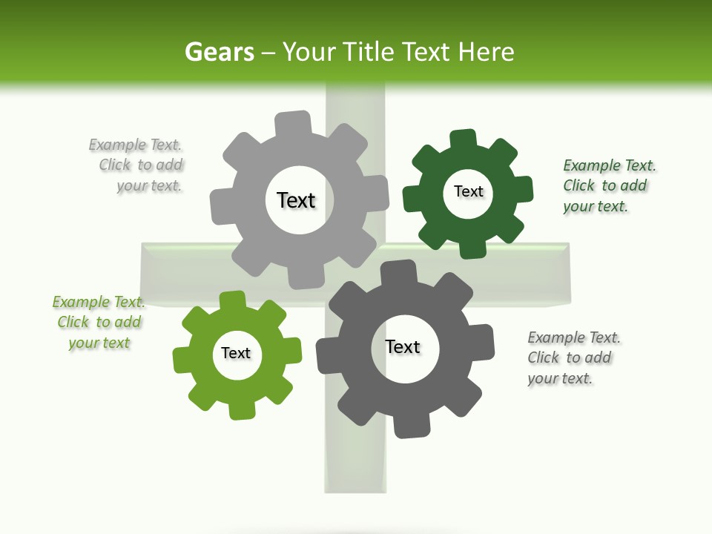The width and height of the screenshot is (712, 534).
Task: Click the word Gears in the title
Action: pos(219,52)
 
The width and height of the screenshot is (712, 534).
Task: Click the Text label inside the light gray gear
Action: pos(296,200)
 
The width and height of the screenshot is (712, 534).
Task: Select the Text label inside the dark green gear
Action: pos(468,191)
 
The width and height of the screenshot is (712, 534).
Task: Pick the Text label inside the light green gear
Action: pos(236,353)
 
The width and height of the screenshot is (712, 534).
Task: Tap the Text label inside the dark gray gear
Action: pos(403,346)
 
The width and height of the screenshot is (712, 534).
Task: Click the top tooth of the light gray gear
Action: pos(293,122)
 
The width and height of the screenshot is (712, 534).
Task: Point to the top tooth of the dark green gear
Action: pos(463,139)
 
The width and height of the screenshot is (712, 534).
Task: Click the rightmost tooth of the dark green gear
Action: pos(523,188)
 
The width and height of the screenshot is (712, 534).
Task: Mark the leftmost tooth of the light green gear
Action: pos(182,360)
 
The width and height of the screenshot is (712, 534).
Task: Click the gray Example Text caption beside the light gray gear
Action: pos(136,165)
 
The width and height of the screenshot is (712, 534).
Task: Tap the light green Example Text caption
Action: pos(99,322)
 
